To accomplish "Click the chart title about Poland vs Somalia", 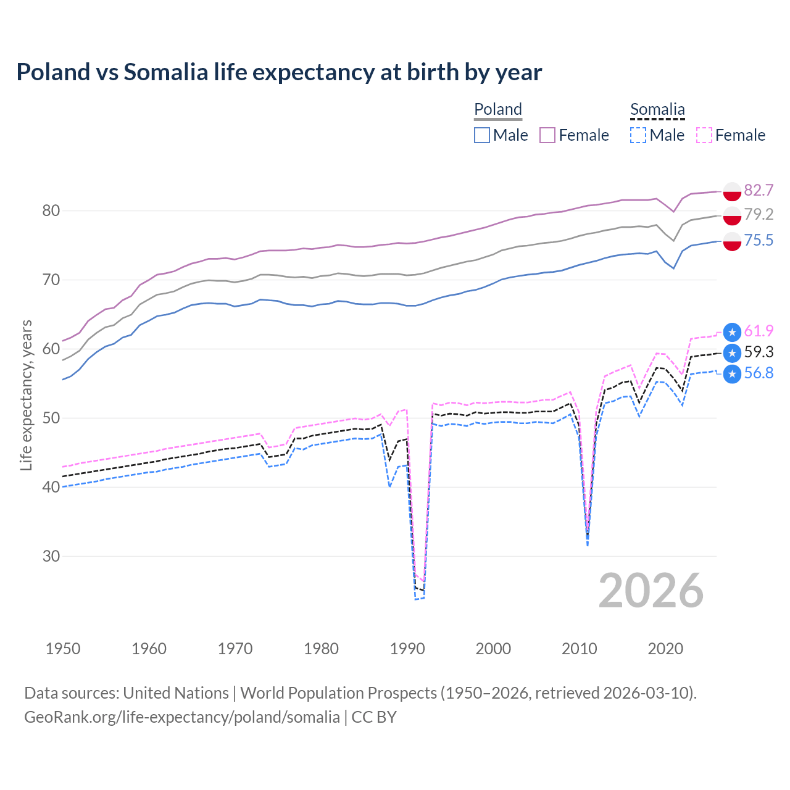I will click(x=279, y=72).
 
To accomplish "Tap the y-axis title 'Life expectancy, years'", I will click(x=26, y=395).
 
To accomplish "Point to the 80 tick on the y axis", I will click(x=51, y=211).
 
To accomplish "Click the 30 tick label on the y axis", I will click(x=51, y=556).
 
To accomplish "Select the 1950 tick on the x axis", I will click(x=63, y=649).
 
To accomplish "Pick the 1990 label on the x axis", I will click(x=407, y=649).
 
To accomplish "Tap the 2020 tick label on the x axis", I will click(x=665, y=649).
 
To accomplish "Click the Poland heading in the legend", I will click(x=498, y=109).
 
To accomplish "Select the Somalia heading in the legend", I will click(x=657, y=109).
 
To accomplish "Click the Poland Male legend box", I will click(x=482, y=135).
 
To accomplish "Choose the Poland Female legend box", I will click(x=547, y=135).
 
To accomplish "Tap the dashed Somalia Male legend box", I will click(x=638, y=135).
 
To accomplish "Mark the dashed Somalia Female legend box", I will click(x=704, y=135).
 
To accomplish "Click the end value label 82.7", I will click(x=759, y=190).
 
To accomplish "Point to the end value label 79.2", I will click(x=759, y=214).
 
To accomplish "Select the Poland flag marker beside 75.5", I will click(x=732, y=241).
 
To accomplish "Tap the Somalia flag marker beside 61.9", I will click(x=732, y=332).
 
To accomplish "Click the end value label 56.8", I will click(x=759, y=373).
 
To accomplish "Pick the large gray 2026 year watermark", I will click(x=651, y=591).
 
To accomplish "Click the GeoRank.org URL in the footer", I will click(x=182, y=717).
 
